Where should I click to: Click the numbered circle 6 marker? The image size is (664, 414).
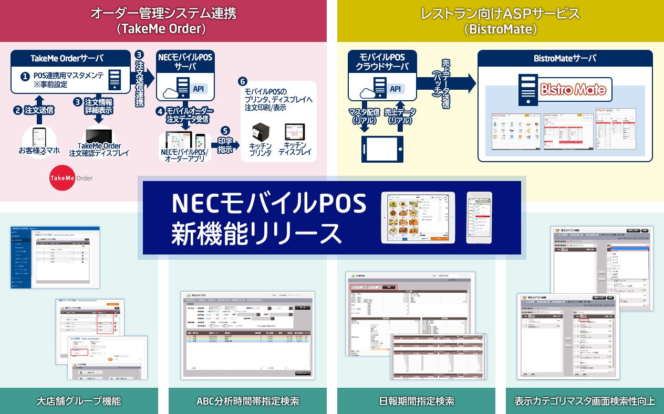242,82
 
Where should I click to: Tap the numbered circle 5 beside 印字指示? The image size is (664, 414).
225,131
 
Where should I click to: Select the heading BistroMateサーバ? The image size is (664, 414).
565,58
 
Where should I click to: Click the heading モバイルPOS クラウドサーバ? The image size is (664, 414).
382,62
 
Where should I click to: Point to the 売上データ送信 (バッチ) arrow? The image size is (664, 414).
447,83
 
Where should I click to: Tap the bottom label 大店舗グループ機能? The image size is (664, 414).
79,401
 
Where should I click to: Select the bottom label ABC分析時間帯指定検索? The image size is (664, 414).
247,401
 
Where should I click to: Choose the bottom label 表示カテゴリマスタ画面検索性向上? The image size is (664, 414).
584,401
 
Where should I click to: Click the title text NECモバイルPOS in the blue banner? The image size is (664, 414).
268,204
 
